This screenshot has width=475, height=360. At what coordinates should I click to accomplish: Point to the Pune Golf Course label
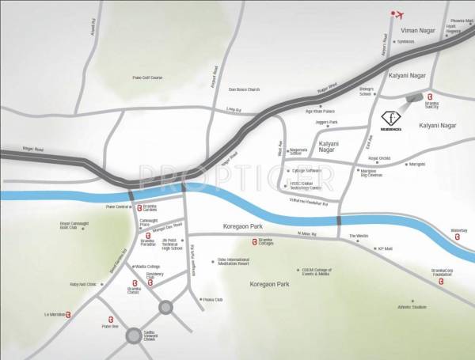point(146,77)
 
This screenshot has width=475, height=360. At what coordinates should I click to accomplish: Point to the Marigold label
point(418,165)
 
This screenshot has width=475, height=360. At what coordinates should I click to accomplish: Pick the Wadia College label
point(148,267)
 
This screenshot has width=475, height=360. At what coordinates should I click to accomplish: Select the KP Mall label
point(385,248)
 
